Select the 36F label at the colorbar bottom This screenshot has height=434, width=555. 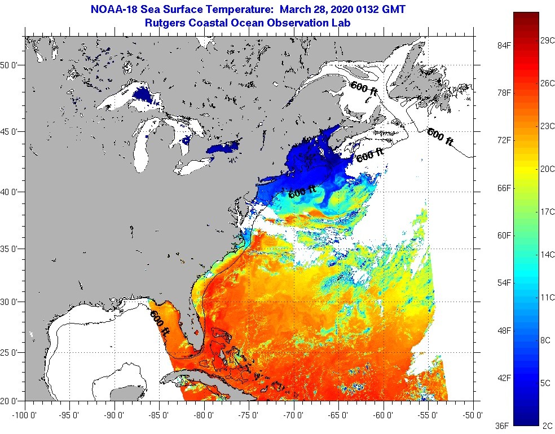coord(502,425)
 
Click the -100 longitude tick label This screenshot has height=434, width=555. coord(23,416)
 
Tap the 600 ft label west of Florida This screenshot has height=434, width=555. coord(159,324)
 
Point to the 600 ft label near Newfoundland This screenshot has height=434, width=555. coord(440,137)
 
